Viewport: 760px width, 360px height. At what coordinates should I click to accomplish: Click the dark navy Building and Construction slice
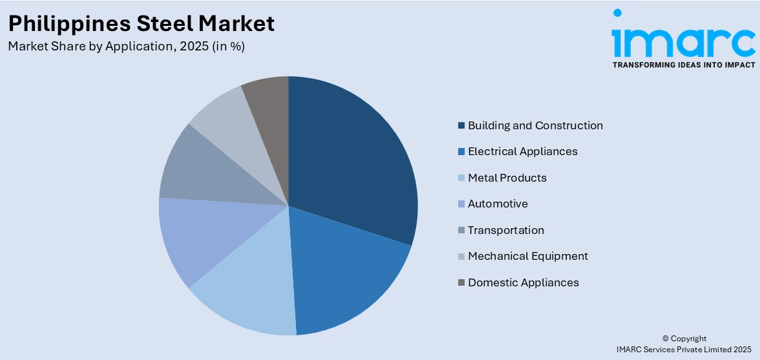[352, 162]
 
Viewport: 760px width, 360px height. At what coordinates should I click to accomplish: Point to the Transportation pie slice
[207, 171]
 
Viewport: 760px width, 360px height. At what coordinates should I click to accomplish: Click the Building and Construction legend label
[535, 125]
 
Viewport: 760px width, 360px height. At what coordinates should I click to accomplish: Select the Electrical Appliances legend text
[522, 151]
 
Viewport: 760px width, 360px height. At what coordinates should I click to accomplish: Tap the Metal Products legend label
[507, 178]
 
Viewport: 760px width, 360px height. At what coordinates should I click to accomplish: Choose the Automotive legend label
[498, 204]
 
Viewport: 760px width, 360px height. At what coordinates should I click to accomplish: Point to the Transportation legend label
[505, 230]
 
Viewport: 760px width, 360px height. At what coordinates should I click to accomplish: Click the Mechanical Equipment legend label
[527, 256]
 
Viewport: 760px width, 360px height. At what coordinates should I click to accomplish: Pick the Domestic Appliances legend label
[523, 282]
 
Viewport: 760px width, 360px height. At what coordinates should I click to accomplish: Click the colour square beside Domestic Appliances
[461, 282]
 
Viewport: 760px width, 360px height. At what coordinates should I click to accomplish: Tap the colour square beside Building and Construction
[461, 125]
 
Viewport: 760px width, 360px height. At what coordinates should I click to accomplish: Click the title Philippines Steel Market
[141, 23]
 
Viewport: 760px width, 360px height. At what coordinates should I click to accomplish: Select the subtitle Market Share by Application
[126, 47]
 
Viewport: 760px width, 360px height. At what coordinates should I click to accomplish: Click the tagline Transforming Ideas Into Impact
[683, 65]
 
